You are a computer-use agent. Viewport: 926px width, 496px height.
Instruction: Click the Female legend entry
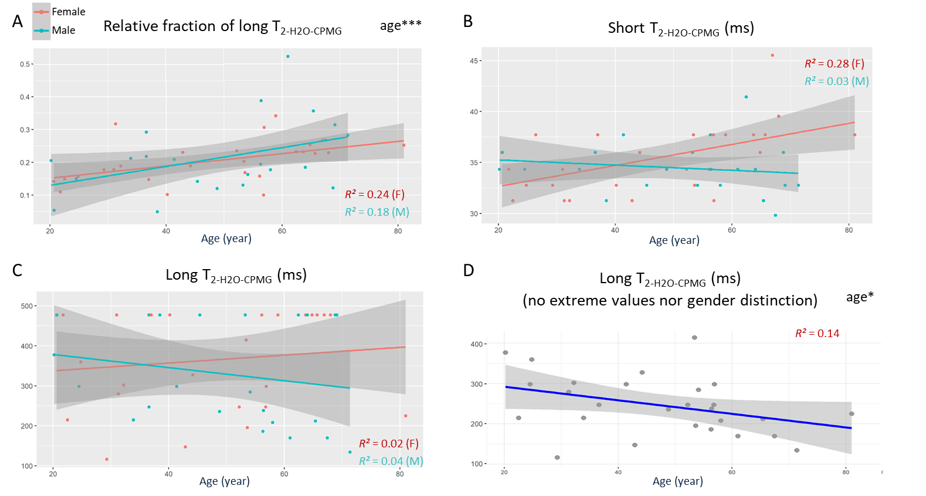tap(68, 12)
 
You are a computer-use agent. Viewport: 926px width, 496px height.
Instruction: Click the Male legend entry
tap(63, 30)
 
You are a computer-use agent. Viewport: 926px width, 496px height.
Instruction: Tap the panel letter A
tap(18, 22)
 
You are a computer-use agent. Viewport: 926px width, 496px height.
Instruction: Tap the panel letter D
tap(469, 270)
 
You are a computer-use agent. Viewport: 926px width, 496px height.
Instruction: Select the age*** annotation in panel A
tap(401, 25)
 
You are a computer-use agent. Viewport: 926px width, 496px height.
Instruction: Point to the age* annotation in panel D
tap(859, 297)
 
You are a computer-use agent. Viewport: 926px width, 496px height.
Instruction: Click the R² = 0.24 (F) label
tap(374, 195)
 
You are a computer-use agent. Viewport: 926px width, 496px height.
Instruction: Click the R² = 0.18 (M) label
tap(376, 212)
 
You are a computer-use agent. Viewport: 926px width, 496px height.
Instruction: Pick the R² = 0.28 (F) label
tap(834, 64)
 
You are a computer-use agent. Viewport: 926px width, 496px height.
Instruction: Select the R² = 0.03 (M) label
tap(836, 81)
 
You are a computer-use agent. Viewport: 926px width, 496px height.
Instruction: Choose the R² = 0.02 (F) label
tap(388, 444)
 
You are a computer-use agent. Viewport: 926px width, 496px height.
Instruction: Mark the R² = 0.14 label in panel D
tap(817, 334)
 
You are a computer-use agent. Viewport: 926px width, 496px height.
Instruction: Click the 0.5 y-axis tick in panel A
tap(25, 64)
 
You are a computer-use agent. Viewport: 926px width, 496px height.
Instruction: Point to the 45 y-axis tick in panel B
tap(474, 61)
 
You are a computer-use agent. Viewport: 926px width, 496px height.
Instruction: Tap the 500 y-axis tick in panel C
tap(27, 306)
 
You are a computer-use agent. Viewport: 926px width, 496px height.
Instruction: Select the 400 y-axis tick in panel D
tap(476, 344)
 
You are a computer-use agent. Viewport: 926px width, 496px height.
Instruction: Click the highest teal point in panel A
tap(288, 56)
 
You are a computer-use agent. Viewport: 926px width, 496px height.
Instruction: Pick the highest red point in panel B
tap(772, 55)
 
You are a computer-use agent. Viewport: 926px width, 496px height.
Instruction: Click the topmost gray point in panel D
tap(694, 338)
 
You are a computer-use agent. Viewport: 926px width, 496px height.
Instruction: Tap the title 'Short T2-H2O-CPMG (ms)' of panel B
tap(680, 28)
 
